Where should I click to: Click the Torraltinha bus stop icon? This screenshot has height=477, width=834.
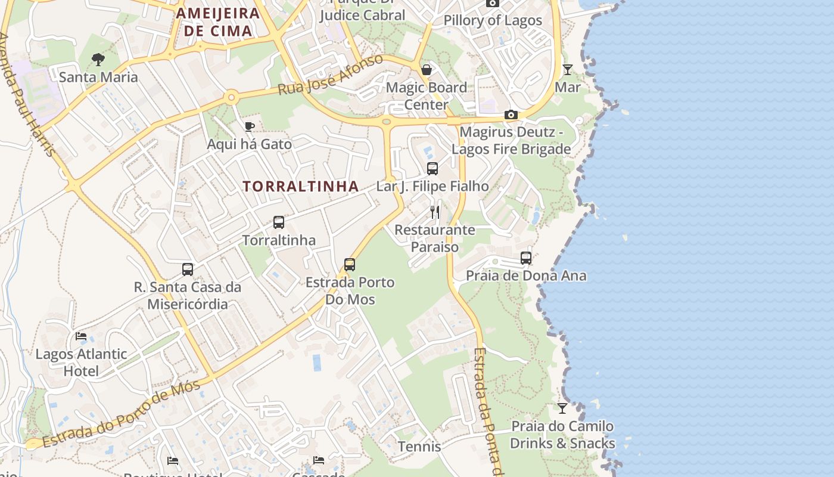tap(278, 222)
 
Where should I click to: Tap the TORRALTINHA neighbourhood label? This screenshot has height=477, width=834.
tap(301, 186)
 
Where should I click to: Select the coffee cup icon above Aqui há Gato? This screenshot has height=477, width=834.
tap(250, 126)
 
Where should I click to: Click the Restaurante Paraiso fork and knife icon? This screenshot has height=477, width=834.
tap(435, 212)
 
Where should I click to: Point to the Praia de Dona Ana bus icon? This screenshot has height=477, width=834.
tap(525, 258)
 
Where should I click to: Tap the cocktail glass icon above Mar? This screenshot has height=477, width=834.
tap(567, 70)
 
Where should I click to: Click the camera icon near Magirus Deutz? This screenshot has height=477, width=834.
tap(511, 115)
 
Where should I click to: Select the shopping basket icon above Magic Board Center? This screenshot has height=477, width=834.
tap(426, 70)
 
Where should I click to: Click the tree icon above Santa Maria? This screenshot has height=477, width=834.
tap(98, 60)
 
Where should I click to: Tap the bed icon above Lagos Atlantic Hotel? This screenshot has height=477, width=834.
tap(81, 336)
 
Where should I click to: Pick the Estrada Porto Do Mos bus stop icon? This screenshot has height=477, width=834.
tap(350, 265)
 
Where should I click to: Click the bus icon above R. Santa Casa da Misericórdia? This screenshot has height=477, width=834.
tap(188, 270)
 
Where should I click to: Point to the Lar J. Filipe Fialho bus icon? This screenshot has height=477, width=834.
tap(432, 169)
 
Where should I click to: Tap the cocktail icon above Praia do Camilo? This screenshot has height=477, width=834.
tap(562, 408)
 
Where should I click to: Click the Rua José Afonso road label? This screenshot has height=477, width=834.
tap(331, 75)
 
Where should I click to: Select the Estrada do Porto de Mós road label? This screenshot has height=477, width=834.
tap(122, 414)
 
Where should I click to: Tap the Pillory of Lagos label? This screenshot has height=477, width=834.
tap(493, 20)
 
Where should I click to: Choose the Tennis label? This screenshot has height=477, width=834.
tap(419, 447)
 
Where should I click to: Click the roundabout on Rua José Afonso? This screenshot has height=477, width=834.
tap(231, 97)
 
